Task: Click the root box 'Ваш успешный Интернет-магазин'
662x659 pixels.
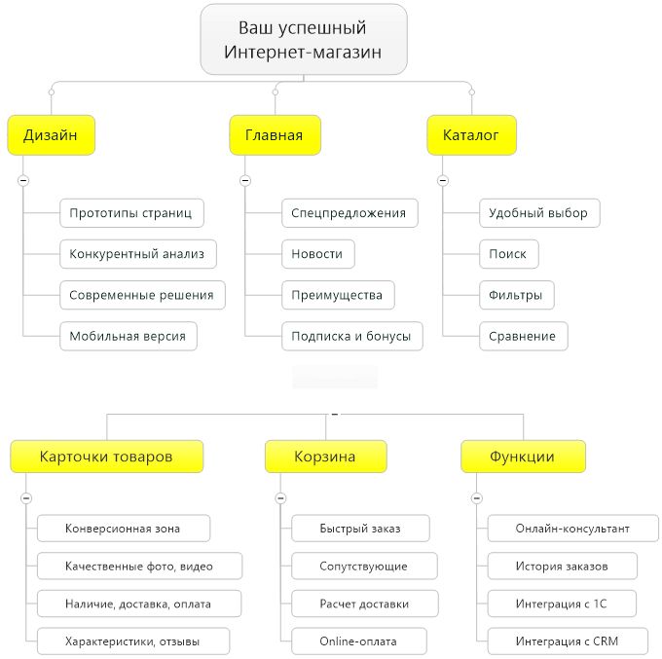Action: [304, 40]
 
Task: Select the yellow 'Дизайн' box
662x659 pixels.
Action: [51, 135]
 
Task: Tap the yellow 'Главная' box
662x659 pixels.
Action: [275, 135]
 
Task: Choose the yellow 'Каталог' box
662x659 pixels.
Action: [471, 135]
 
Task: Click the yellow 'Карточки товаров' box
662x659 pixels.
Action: [107, 457]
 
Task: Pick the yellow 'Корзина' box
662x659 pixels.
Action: [325, 457]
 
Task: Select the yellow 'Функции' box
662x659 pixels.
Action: [523, 457]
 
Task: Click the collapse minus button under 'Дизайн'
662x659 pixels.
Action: [23, 181]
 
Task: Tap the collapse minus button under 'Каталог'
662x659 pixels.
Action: [442, 181]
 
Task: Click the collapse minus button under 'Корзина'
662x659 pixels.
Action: [280, 498]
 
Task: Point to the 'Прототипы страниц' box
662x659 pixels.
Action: [131, 213]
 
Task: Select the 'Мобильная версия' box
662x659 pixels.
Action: [129, 337]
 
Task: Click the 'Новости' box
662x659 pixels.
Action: [318, 254]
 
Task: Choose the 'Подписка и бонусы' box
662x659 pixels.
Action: [352, 337]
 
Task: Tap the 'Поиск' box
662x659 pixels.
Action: [509, 254]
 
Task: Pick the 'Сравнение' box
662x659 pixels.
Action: [524, 337]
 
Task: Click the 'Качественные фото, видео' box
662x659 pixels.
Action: [140, 566]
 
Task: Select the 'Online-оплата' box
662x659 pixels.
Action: [359, 641]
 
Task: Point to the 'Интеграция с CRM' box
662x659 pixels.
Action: [568, 641]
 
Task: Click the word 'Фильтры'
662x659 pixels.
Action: [516, 295]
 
